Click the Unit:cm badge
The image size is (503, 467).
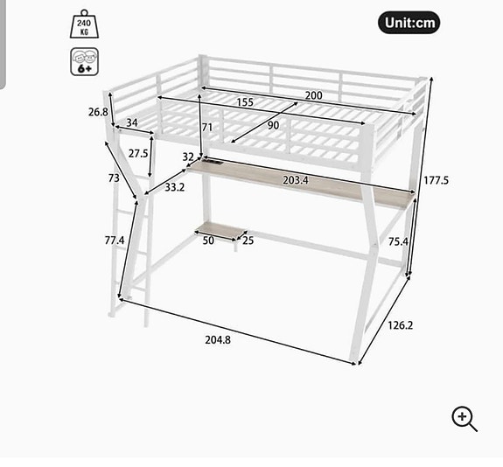(x=409, y=23)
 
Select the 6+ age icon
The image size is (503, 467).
(x=85, y=62)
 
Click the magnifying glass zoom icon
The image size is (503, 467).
(x=465, y=419)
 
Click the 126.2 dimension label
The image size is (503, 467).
(x=401, y=325)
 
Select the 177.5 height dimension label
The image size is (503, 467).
(x=436, y=180)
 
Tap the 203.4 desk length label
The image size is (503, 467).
(x=296, y=181)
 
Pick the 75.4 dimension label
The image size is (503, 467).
(x=398, y=242)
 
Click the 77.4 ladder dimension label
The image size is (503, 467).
(x=115, y=240)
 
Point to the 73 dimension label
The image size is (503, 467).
(x=114, y=178)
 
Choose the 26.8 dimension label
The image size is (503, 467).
(x=98, y=112)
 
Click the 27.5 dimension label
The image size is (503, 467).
(x=137, y=153)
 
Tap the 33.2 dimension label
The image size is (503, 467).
(x=174, y=186)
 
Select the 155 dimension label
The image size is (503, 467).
(x=244, y=103)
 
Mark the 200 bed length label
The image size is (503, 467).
(x=313, y=95)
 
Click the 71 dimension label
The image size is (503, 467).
(x=207, y=128)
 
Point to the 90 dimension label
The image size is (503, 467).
(x=274, y=125)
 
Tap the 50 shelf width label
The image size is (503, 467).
(x=208, y=240)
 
